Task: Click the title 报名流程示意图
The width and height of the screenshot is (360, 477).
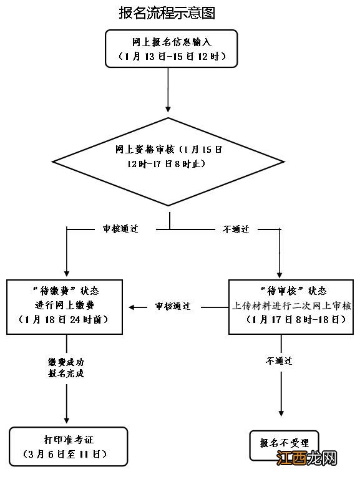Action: (167, 12)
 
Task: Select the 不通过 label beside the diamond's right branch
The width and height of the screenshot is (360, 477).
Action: (236, 229)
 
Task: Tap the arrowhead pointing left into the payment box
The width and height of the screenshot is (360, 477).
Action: (132, 306)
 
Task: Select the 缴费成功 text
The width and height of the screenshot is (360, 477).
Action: (66, 362)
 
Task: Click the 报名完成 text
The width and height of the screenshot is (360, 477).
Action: (66, 374)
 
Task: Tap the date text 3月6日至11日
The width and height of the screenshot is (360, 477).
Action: (68, 453)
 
